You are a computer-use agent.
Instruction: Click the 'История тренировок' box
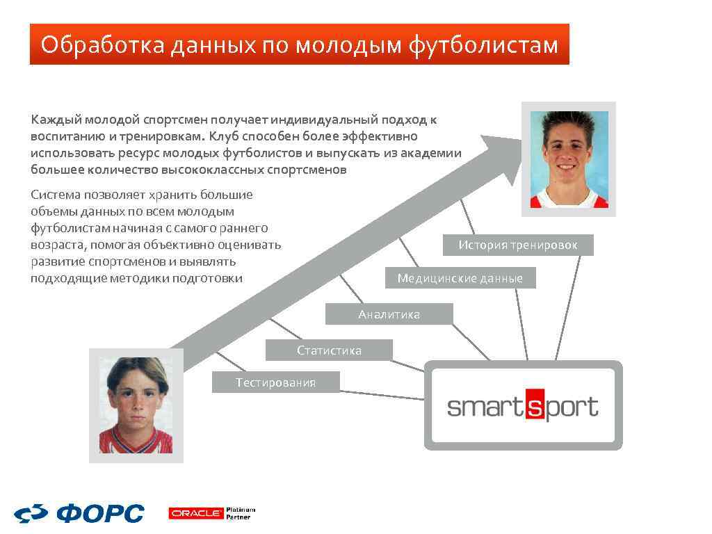(518, 245)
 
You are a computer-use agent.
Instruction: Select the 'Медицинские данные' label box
(460, 278)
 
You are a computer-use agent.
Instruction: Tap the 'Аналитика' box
(389, 314)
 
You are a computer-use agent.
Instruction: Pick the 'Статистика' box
(329, 350)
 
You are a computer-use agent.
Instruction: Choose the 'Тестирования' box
(275, 382)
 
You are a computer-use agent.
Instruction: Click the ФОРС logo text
(101, 514)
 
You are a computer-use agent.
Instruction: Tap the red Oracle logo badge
(195, 514)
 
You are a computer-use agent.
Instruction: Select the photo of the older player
(569, 159)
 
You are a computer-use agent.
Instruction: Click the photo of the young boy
(136, 405)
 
